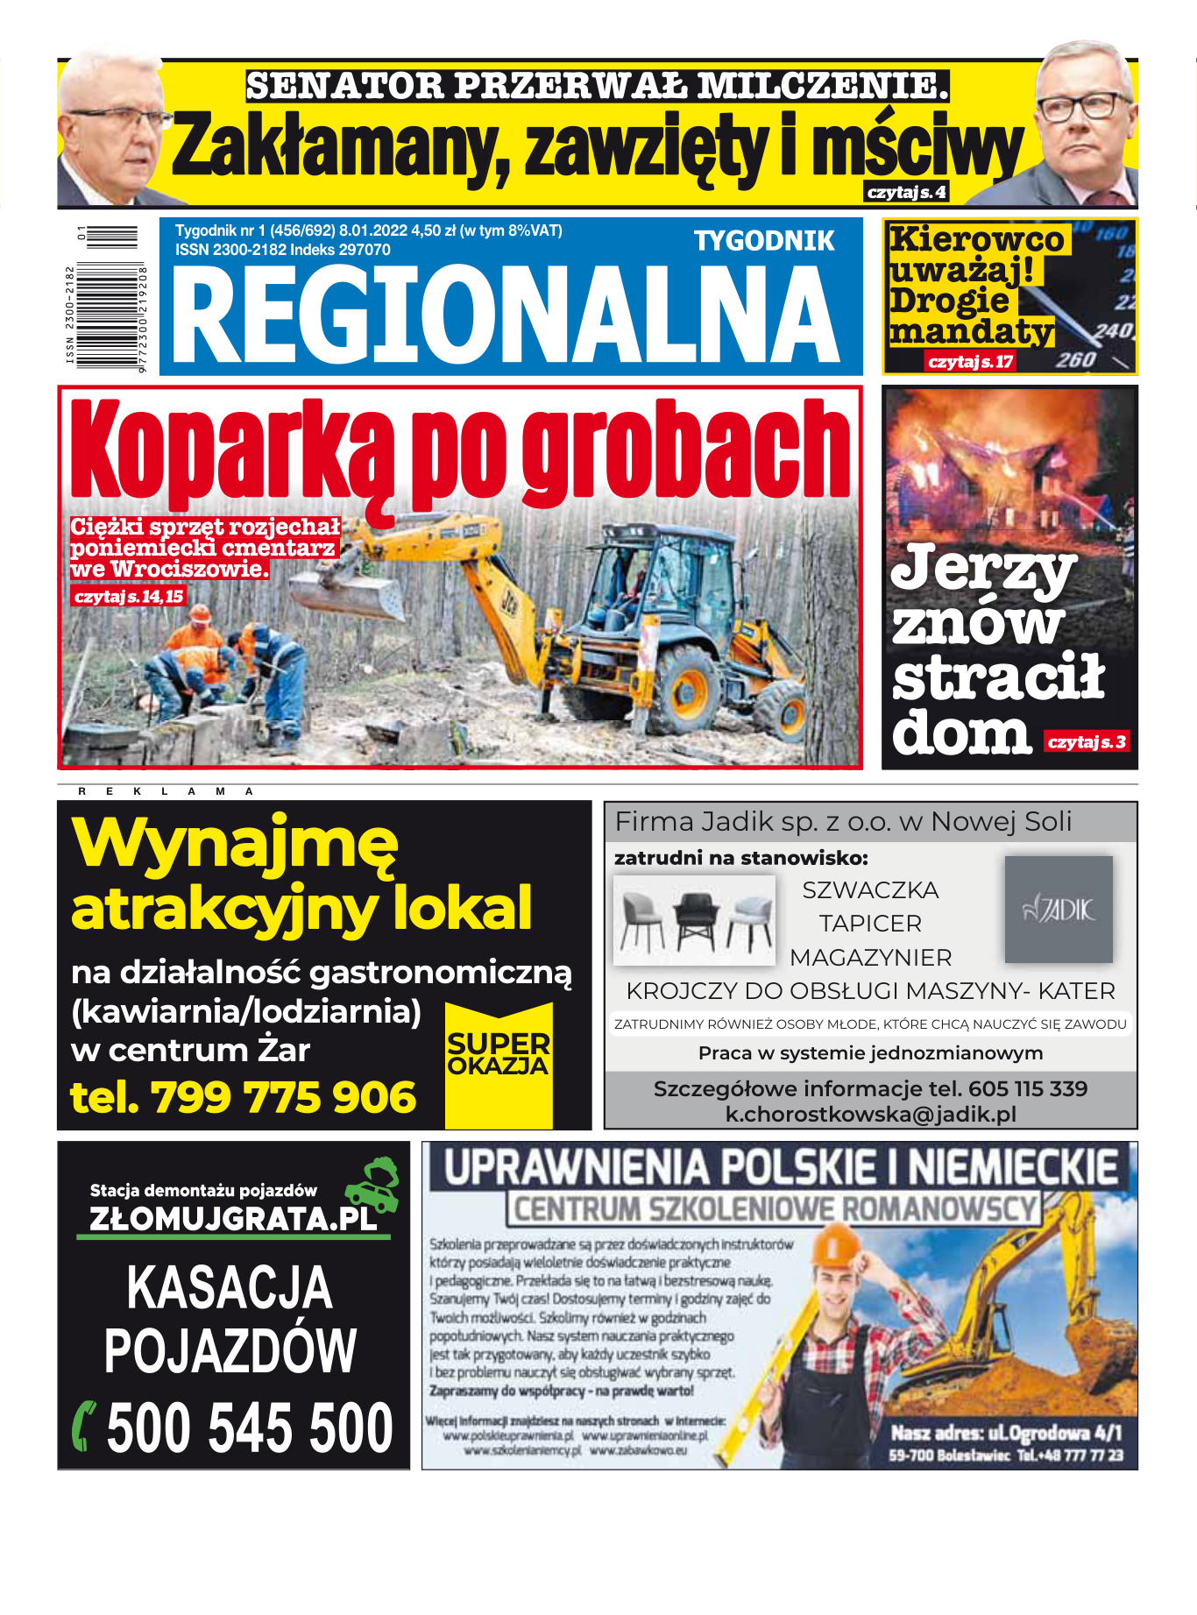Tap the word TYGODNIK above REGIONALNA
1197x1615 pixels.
[764, 241]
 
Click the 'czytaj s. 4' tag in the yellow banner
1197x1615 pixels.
[906, 193]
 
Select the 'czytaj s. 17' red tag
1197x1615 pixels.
[970, 361]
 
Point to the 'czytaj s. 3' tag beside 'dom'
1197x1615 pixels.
[1087, 742]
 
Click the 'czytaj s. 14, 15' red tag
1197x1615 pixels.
[129, 597]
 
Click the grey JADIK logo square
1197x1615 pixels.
[1059, 910]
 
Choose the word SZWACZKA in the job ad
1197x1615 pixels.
[870, 890]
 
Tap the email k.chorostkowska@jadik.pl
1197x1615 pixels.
[870, 1115]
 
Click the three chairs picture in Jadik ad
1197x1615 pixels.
[695, 920]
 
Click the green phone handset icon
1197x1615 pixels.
[84, 1427]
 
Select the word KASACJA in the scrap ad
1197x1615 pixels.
[230, 1288]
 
